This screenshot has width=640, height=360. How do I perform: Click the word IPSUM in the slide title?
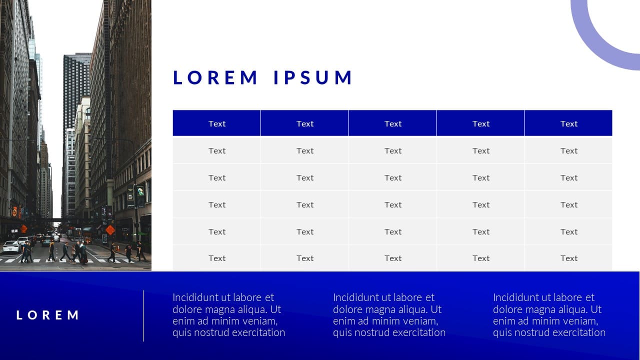[313, 77]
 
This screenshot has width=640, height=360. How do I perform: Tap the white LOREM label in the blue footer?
[47, 315]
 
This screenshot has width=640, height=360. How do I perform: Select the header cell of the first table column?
[216, 123]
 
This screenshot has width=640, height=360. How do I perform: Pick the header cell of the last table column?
[568, 123]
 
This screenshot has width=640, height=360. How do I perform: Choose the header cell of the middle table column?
[392, 123]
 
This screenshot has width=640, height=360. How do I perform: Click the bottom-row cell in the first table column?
[216, 258]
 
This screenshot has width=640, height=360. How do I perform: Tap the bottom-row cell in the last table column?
[568, 258]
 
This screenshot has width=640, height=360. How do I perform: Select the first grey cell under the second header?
[304, 150]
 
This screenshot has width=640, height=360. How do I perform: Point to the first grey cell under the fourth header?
[480, 150]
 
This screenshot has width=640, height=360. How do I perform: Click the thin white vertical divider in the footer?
[143, 315]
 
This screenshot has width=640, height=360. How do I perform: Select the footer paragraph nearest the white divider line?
[228, 315]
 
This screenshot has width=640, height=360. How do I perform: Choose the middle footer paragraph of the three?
[389, 315]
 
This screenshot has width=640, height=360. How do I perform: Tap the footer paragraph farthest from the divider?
[549, 315]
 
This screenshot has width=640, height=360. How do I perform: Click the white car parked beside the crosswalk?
[11, 247]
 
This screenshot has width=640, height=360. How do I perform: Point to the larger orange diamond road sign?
[110, 229]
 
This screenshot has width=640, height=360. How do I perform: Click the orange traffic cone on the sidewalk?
[118, 248]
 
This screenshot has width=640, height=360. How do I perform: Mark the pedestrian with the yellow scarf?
[51, 251]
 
